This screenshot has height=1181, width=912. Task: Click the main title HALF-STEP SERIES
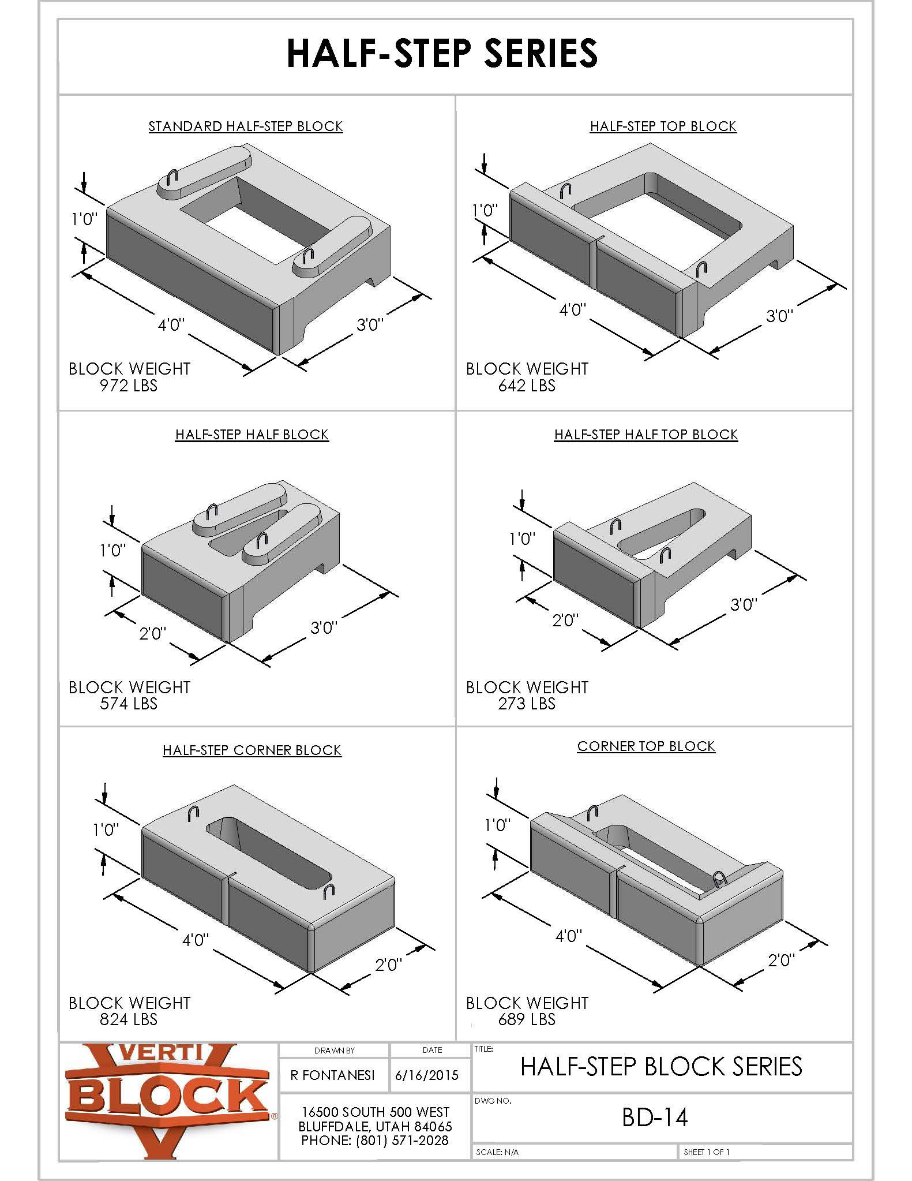tap(442, 53)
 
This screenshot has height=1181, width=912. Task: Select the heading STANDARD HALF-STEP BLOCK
tap(246, 126)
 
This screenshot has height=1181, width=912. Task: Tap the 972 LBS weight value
tap(129, 386)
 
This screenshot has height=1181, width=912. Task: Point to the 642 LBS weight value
tap(527, 386)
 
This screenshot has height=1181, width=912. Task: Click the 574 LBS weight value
tap(129, 704)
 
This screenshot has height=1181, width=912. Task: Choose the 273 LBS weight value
tap(527, 704)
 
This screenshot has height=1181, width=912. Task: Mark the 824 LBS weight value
tap(129, 1019)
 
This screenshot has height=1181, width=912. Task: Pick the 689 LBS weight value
tap(527, 1019)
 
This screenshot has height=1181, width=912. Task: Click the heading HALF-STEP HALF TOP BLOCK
tap(646, 435)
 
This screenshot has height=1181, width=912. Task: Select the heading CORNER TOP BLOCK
tap(646, 746)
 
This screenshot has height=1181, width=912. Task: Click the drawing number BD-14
tap(655, 1118)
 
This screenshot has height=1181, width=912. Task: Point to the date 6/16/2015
tap(427, 1075)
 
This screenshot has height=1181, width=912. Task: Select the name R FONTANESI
tap(333, 1075)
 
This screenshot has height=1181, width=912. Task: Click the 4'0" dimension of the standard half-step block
tap(171, 325)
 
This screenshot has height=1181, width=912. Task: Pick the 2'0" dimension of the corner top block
tap(781, 960)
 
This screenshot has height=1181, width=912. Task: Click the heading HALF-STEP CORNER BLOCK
tap(252, 750)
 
